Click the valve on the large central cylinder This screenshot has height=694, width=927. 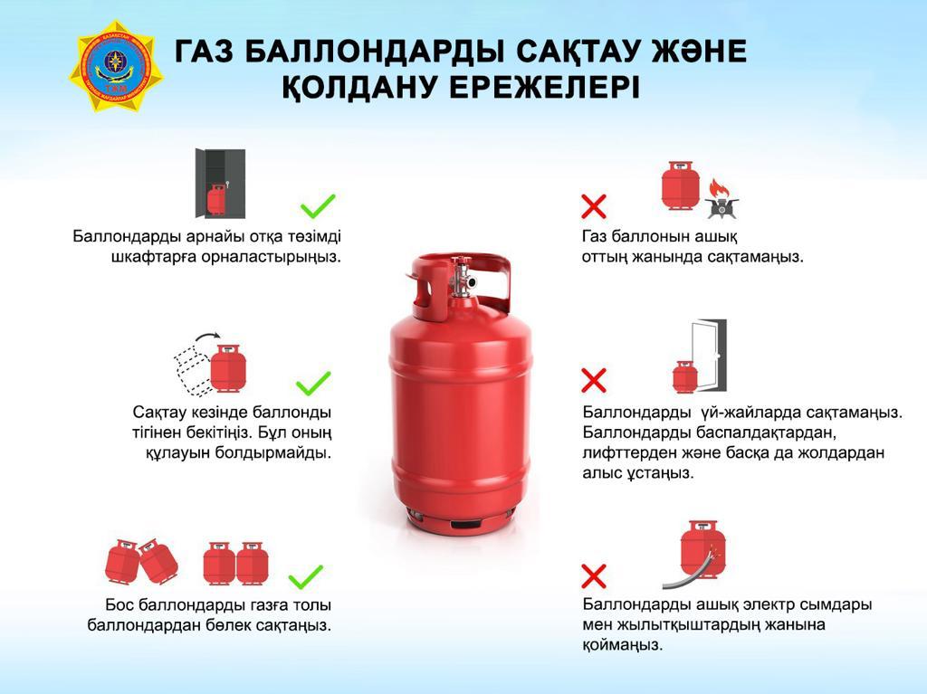[x=462, y=276]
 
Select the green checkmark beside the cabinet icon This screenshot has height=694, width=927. [x=318, y=206]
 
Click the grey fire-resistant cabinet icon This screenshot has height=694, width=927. [x=219, y=183]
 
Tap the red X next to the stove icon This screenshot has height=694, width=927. [x=593, y=206]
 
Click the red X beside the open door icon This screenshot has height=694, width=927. [x=593, y=378]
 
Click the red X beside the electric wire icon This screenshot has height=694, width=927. [x=593, y=575]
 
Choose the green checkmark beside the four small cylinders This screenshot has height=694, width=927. [x=306, y=575]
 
